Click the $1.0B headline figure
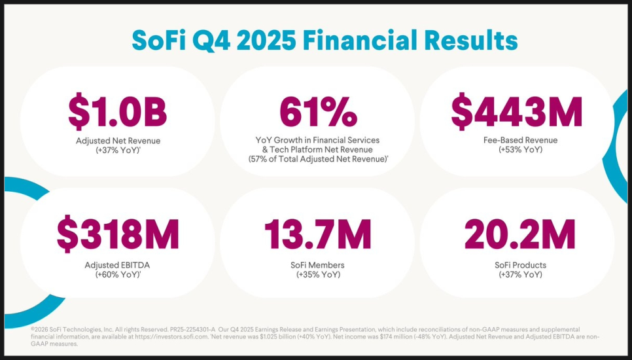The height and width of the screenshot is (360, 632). (x=118, y=113)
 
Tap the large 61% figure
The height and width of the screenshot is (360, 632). (x=318, y=113)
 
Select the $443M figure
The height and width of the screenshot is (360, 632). (x=517, y=113)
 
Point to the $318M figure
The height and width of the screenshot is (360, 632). (x=118, y=235)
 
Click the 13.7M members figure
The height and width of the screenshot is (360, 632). (x=318, y=235)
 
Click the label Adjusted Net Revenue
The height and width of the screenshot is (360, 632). (x=118, y=140)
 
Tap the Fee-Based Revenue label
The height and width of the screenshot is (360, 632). (x=516, y=140)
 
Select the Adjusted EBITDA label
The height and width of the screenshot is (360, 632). (x=118, y=265)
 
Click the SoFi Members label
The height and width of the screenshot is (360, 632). (x=318, y=265)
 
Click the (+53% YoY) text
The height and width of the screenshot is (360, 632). (x=516, y=150)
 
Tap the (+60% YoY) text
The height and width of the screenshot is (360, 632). (x=117, y=275)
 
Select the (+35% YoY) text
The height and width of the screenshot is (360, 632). (x=318, y=275)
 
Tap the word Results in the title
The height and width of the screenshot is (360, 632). (x=474, y=40)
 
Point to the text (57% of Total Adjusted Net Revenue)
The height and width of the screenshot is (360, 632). (x=318, y=159)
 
